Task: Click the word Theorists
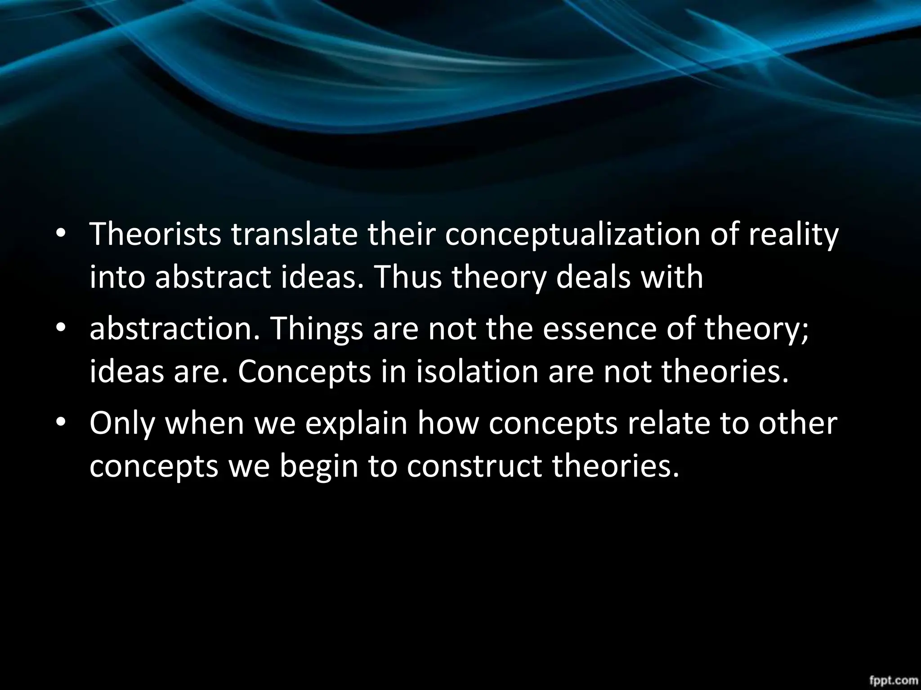155,234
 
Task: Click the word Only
121,424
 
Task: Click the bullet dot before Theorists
60,234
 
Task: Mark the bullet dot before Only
60,424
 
